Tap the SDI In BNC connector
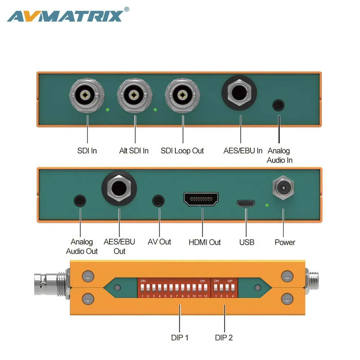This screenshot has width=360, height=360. point(86,95)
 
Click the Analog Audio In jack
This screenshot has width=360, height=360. point(279,105)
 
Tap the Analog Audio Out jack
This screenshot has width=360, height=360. point(80,201)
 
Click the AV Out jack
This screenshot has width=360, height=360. point(159,201)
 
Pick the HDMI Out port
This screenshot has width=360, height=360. point(201,199)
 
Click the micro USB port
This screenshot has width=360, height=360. point(246,203)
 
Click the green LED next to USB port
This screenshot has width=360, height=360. point(267,205)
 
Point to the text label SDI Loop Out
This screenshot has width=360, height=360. point(182,150)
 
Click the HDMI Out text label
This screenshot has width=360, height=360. point(204,242)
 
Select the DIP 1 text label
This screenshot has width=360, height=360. point(180,337)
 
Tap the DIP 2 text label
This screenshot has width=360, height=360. point(224,337)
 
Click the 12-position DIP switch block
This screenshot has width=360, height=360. point(174,288)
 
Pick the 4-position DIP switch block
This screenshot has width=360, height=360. point(224,288)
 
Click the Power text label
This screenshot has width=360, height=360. point(285,242)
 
